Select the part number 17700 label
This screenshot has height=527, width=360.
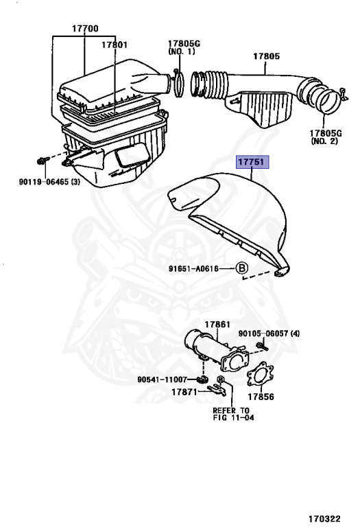(x=85, y=29)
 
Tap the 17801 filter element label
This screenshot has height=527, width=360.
(x=115, y=45)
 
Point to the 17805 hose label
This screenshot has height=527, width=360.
(x=266, y=56)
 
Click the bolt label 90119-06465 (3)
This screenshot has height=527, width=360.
(x=49, y=182)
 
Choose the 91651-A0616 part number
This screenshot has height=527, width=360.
(x=193, y=268)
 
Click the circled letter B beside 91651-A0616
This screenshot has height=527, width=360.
(x=241, y=268)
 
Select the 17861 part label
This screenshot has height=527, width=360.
(x=217, y=325)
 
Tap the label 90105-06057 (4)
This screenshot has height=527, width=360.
(x=269, y=333)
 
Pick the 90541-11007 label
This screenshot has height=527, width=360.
(x=163, y=379)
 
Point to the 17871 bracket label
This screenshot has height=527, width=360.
(x=184, y=392)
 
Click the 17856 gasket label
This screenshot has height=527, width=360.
(x=261, y=397)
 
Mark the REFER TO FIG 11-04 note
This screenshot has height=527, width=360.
(x=233, y=414)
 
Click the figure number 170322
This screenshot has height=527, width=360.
(x=325, y=519)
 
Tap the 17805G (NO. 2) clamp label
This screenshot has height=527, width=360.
(x=326, y=137)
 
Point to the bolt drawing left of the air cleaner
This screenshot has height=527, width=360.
(x=43, y=161)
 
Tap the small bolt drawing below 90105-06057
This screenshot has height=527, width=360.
(x=262, y=346)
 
